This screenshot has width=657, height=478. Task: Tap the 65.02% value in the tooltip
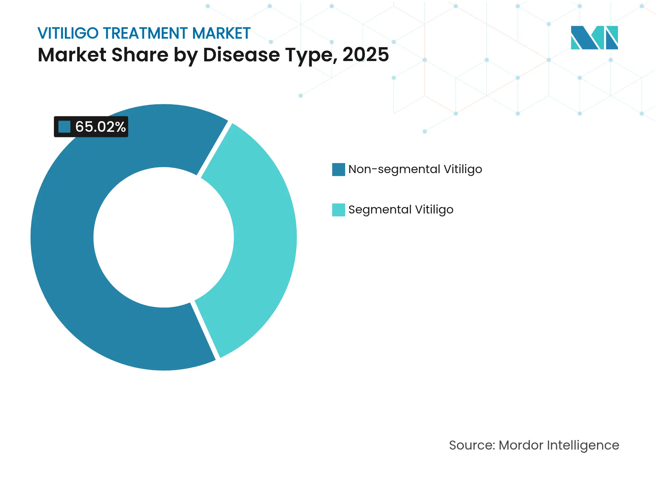click(100, 127)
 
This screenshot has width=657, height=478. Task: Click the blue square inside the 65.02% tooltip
click(64, 127)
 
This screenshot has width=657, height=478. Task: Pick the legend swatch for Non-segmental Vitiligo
click(338, 170)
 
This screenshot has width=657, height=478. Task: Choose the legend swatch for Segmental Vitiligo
click(338, 210)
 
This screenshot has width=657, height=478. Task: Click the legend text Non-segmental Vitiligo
click(415, 170)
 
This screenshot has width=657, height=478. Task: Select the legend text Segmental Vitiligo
click(401, 210)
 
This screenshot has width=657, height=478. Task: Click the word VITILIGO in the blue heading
click(68, 33)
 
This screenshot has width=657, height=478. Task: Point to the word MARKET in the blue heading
click(221, 33)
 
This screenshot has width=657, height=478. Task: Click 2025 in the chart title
click(365, 55)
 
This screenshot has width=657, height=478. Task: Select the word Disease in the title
click(241, 55)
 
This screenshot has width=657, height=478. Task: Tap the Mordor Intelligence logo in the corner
click(594, 37)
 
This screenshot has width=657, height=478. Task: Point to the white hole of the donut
click(164, 237)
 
